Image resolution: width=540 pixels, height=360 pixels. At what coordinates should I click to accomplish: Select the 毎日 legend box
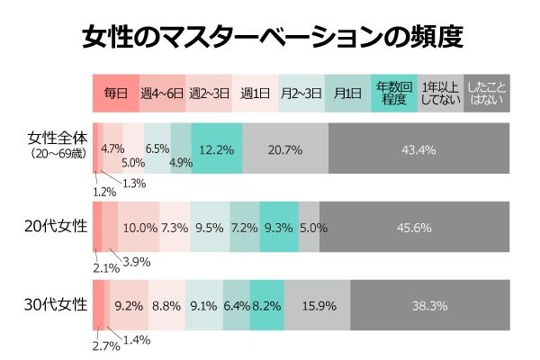(x=116, y=93)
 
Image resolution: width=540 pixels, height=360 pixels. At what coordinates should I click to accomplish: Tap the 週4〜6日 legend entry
(x=162, y=93)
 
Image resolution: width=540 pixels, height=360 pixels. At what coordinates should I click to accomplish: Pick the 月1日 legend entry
(x=347, y=93)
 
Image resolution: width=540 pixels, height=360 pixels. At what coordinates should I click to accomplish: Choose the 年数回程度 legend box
(x=394, y=93)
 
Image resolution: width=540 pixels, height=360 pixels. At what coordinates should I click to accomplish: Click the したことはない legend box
(x=487, y=93)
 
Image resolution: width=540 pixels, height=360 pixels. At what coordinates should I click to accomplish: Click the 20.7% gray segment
(x=285, y=148)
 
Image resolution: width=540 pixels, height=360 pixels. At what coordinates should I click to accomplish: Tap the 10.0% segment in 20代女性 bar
(x=139, y=228)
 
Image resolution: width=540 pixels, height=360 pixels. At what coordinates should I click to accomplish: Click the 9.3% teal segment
(x=279, y=228)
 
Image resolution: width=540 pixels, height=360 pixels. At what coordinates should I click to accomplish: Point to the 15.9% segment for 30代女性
(x=318, y=306)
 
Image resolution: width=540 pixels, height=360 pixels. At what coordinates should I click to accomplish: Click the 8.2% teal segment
(x=267, y=306)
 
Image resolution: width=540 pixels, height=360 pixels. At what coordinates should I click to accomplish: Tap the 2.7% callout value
(x=105, y=345)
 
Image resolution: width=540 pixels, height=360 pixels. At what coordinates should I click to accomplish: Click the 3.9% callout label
(x=136, y=262)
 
